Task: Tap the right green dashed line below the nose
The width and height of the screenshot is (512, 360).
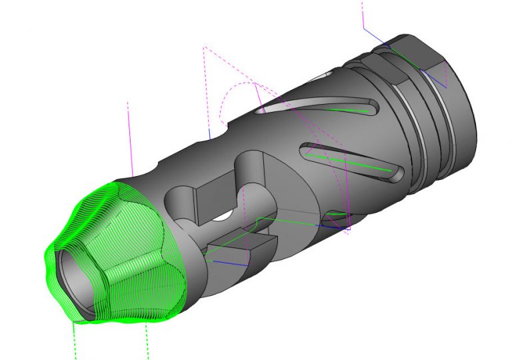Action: click(146, 340)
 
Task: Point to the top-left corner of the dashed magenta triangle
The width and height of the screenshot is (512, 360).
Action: click(204, 47)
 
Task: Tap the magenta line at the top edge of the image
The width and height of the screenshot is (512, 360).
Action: click(363, 13)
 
